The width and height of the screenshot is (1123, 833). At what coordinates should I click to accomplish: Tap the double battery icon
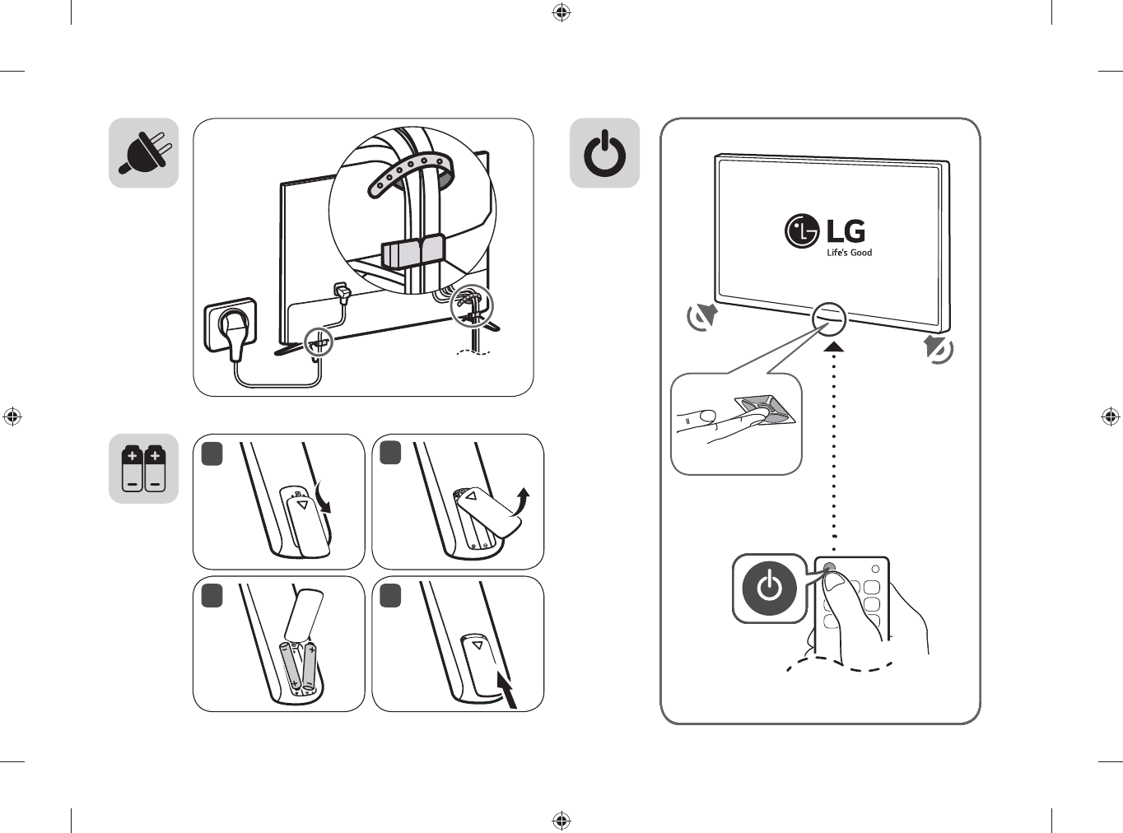[x=144, y=468]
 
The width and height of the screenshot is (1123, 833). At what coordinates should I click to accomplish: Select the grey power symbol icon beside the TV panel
[x=604, y=153]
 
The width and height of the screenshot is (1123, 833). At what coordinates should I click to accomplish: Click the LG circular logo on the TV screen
[x=802, y=231]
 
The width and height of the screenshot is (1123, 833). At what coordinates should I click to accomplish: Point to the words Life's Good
[x=849, y=252]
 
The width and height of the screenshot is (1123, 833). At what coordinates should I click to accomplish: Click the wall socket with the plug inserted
[x=231, y=325]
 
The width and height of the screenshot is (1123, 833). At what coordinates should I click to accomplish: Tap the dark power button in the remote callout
[x=769, y=589]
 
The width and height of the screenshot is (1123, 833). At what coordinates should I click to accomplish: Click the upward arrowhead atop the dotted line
[x=834, y=347]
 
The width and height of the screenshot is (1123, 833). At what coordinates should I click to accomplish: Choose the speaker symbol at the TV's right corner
[x=939, y=349]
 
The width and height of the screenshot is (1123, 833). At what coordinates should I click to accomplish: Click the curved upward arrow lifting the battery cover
[x=520, y=501]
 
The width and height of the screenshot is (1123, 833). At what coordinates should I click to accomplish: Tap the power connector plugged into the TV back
[x=341, y=292]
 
